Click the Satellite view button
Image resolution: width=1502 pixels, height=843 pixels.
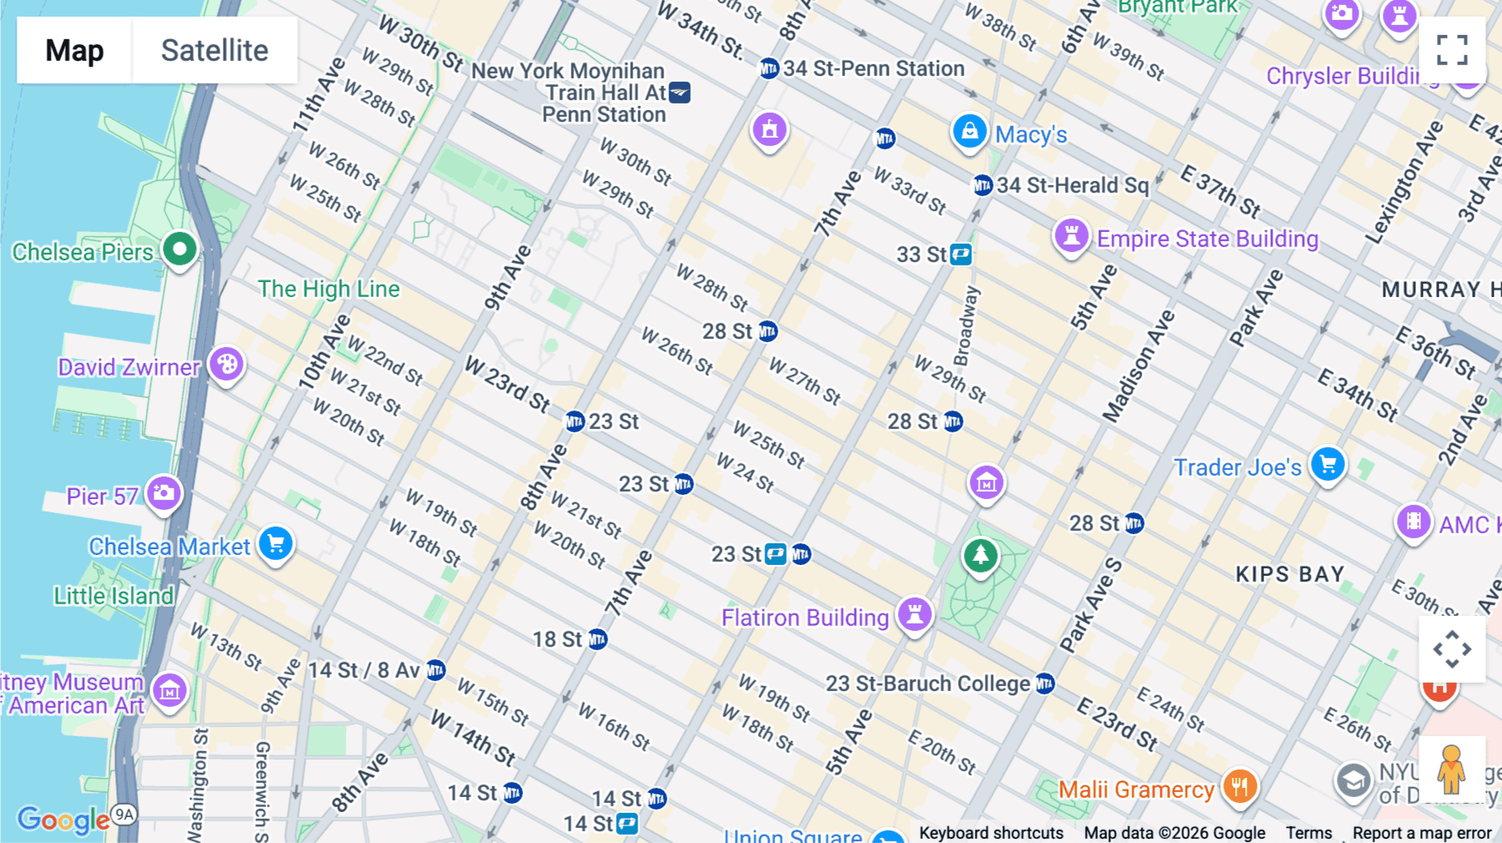pos(214,50)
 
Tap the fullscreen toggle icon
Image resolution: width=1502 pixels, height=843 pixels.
pos(1452,50)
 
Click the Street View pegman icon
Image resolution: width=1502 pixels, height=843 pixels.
pos(1451,770)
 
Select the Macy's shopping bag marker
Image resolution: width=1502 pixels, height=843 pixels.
pos(969,132)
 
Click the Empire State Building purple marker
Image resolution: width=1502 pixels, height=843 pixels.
pos(1071,235)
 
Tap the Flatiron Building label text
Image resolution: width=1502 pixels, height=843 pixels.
pos(804,618)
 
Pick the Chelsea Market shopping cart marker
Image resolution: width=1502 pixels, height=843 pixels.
pos(275,543)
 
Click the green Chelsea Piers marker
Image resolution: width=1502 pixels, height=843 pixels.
pos(179,249)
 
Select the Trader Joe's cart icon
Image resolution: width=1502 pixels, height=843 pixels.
pos(1327,463)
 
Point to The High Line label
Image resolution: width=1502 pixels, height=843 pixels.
pos(328,289)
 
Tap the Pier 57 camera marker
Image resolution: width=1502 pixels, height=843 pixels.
pos(164,492)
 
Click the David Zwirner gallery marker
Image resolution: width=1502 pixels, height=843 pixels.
pos(226,364)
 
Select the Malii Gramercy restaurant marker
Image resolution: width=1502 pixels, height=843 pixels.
pos(1239,785)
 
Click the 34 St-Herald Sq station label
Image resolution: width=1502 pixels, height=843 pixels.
pos(1072,185)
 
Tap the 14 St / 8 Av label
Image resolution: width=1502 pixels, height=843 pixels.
pos(364,670)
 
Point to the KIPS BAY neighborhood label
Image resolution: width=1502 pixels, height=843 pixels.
pos(1289,574)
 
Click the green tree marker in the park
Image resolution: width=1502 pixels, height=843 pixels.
pos(980,554)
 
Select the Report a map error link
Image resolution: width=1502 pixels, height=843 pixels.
pos(1421,833)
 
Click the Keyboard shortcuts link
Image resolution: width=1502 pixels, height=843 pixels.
pos(990,833)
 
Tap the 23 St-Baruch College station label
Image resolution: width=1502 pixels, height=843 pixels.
pos(928,684)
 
